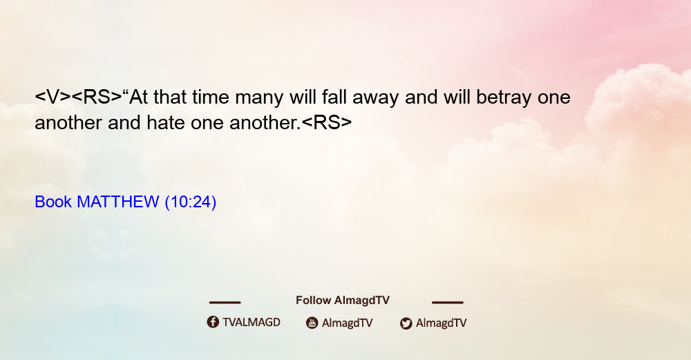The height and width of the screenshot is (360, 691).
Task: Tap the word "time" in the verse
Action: pyautogui.click(x=211, y=97)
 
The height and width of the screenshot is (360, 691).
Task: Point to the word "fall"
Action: pyautogui.click(x=334, y=97)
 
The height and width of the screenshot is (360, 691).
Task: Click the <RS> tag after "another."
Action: pyautogui.click(x=327, y=122)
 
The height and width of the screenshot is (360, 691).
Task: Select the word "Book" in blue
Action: pyautogui.click(x=53, y=202)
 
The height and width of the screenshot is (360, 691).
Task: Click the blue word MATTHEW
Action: pyautogui.click(x=118, y=202)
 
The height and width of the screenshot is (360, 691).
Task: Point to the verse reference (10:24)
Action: pyautogui.click(x=191, y=202)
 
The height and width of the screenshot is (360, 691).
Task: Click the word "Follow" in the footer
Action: pyautogui.click(x=313, y=300)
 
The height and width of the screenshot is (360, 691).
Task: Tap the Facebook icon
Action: pyautogui.click(x=213, y=322)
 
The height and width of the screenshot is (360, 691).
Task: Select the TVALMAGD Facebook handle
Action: pyautogui.click(x=252, y=323)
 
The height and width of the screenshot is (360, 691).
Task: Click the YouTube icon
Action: pyautogui.click(x=312, y=323)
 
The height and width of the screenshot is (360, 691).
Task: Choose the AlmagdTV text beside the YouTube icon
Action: pyautogui.click(x=348, y=323)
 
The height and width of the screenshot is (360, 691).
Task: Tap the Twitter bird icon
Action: pyautogui.click(x=406, y=323)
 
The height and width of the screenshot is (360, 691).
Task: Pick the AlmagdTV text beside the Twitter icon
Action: pyautogui.click(x=441, y=323)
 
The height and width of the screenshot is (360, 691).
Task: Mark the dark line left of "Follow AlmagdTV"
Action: pyautogui.click(x=225, y=303)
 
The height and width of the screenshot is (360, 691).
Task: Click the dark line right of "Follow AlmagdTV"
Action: pyautogui.click(x=448, y=303)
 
